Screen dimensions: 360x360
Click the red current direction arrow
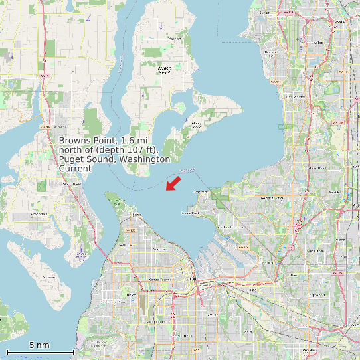click(173, 183)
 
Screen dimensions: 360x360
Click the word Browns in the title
click(76, 141)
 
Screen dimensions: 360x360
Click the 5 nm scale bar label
click(39, 345)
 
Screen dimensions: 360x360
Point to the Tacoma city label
click(193, 280)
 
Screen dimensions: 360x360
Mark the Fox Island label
click(48, 276)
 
